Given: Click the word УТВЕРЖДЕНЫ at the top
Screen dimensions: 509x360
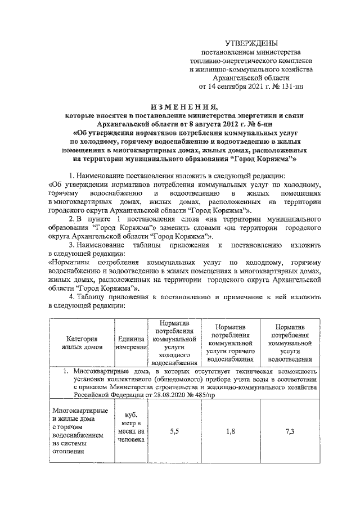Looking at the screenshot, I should point(251,43).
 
